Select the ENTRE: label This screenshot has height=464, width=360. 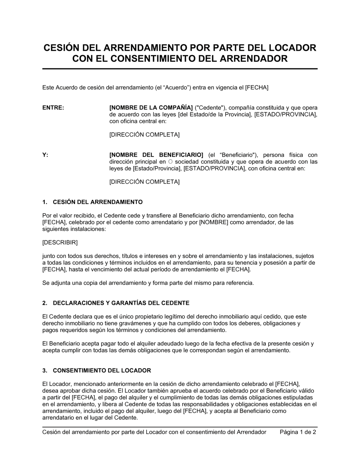pos(53,108)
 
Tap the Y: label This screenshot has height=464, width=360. pos(45,155)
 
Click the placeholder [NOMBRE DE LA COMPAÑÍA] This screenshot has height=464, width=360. pos(151,108)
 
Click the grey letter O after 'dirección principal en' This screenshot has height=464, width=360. pos(170,162)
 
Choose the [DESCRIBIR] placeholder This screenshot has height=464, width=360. pos(60,242)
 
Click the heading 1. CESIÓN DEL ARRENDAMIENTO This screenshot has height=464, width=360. pos(93,202)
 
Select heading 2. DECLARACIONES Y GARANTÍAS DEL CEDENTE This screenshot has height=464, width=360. pos(116,303)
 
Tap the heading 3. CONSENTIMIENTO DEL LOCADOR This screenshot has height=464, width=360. pos(96,370)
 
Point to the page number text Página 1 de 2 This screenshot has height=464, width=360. pos(298,432)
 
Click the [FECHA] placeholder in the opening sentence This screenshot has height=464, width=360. pos(257,87)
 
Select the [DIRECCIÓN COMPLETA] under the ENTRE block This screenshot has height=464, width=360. pos(144,135)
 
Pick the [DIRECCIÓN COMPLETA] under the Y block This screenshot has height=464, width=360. pos(144,182)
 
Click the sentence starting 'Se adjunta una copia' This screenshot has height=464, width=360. pos(148,283)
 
